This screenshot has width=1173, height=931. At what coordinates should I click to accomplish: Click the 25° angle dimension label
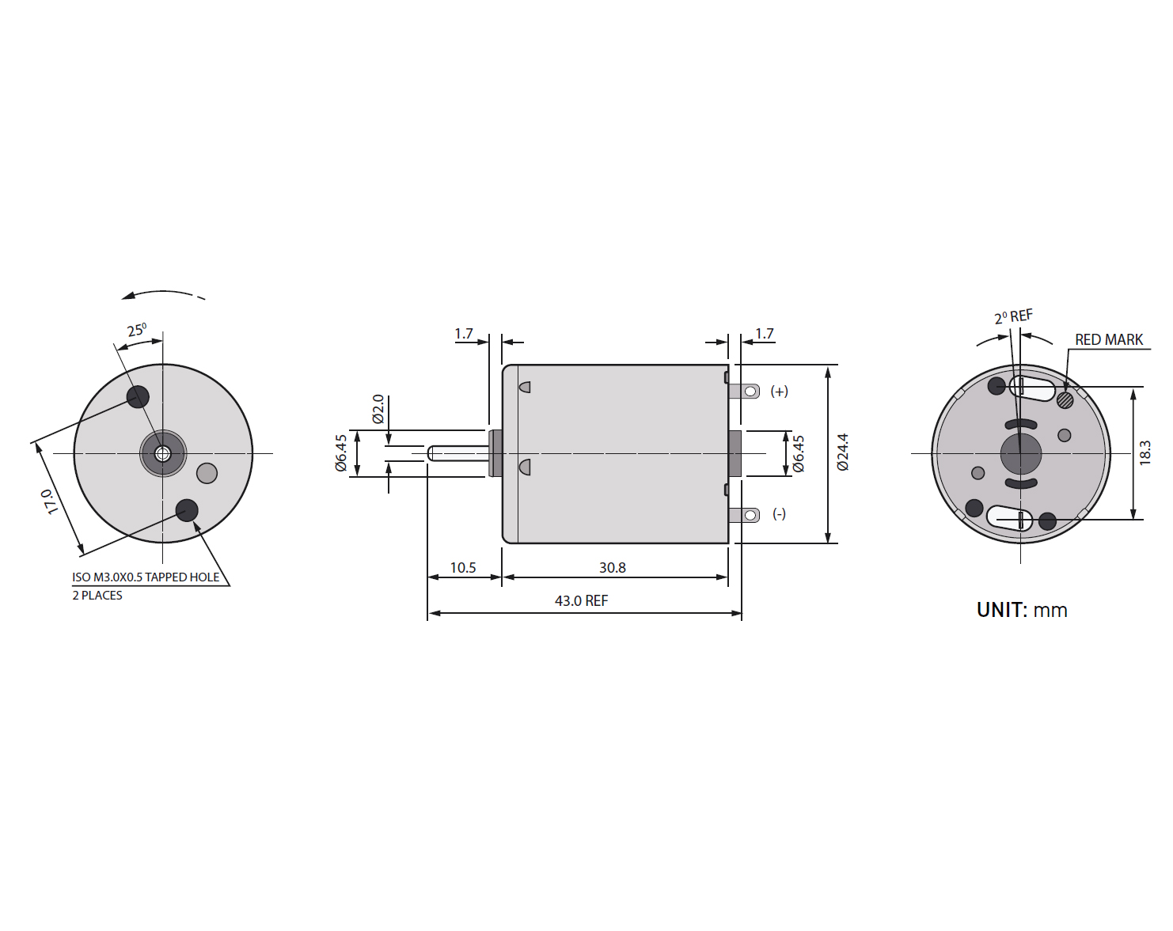137,330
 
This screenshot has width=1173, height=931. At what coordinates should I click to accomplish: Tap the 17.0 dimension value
49,501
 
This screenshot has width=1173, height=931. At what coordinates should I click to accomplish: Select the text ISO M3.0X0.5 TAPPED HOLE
146,577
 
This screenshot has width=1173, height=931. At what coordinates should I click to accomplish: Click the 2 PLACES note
97,595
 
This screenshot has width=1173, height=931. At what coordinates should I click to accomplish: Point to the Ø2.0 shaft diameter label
378,409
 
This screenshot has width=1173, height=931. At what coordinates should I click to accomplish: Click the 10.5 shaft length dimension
463,568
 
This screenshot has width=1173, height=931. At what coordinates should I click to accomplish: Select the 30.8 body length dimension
612,568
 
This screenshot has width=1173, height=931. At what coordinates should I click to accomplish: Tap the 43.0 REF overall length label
581,600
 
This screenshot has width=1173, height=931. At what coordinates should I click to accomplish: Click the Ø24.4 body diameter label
843,452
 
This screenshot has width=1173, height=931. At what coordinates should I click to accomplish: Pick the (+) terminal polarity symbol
779,391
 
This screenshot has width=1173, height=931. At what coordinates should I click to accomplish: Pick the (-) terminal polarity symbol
779,513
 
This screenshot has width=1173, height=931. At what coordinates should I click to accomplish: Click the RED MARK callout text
1109,339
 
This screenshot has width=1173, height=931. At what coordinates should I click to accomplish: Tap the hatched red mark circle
1065,400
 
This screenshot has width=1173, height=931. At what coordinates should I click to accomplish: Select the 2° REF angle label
1013,316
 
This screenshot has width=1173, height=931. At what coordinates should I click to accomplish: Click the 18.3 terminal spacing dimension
1145,452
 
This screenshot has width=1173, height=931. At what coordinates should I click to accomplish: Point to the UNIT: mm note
1022,610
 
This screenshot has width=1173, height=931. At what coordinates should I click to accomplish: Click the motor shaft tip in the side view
428,453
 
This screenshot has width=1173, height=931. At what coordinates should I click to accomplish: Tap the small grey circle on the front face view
207,473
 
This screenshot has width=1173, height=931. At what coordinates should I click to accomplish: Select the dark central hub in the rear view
1021,453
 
